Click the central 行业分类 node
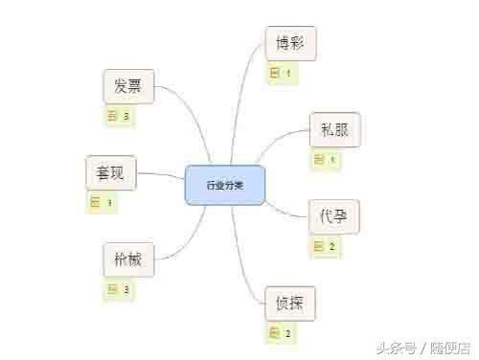pos(225,185)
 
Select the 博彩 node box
pos(290,44)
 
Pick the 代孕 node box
pos(334,216)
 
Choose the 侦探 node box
pos(290,303)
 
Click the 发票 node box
pos(128,86)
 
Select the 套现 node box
pos(112,173)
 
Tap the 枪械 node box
pos(128,259)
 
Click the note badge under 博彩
pos(281,73)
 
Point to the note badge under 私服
pos(326,159)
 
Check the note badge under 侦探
pos(281,333)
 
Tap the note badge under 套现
pos(103,202)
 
